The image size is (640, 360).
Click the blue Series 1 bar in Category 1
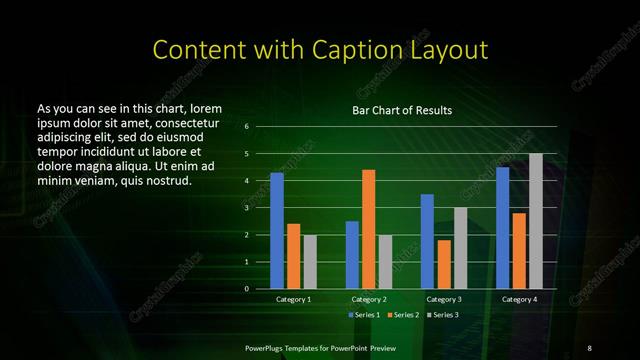(277, 231)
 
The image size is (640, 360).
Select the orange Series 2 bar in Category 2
(368, 229)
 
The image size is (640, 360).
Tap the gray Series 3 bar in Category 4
(536, 221)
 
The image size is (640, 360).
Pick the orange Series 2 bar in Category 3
(443, 264)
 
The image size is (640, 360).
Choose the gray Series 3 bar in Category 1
(310, 262)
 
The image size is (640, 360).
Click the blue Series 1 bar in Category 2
(352, 255)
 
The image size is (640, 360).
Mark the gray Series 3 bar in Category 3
(460, 248)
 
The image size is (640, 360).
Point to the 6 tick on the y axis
(246, 127)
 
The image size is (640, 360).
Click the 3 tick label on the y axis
(246, 208)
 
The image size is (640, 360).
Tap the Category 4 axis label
(519, 299)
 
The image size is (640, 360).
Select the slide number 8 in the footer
(589, 348)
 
